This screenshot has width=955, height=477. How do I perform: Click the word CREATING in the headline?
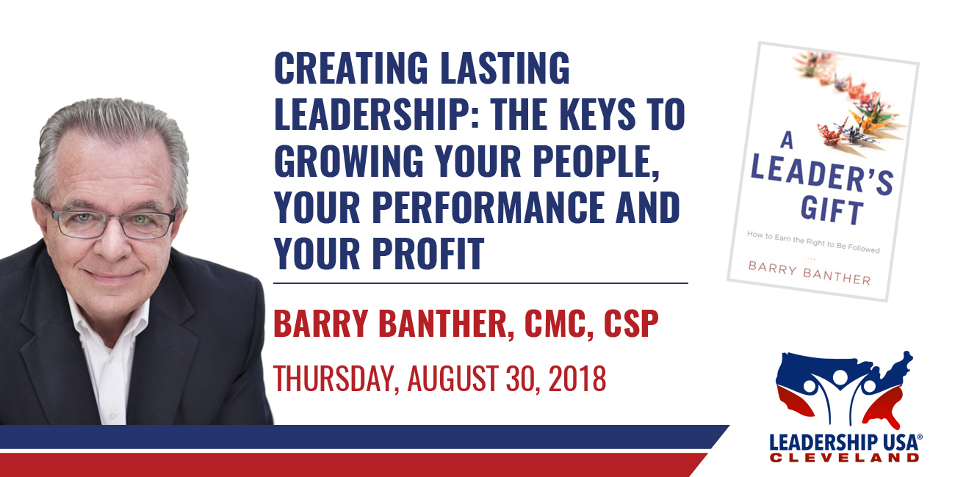[x=351, y=68]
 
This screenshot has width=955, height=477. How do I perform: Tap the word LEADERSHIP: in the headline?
[x=376, y=114]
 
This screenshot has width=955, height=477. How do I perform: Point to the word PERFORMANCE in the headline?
[x=489, y=208]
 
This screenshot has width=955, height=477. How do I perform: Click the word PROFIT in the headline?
[x=428, y=254]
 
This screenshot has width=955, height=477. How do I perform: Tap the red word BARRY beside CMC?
[x=320, y=324]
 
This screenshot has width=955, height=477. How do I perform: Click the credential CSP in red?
[x=631, y=324]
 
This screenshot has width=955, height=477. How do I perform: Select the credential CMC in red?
[x=558, y=324]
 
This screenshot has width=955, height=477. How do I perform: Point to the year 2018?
[x=577, y=378]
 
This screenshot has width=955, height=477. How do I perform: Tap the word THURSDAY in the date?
[x=336, y=378]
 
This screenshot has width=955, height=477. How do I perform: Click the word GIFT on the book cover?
[x=832, y=211]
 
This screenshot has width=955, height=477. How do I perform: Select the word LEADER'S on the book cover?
[x=821, y=175]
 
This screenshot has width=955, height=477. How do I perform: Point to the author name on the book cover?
[x=810, y=273]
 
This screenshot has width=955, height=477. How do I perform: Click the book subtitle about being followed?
[x=813, y=242]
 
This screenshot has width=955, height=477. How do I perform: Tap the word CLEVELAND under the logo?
[x=844, y=458]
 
